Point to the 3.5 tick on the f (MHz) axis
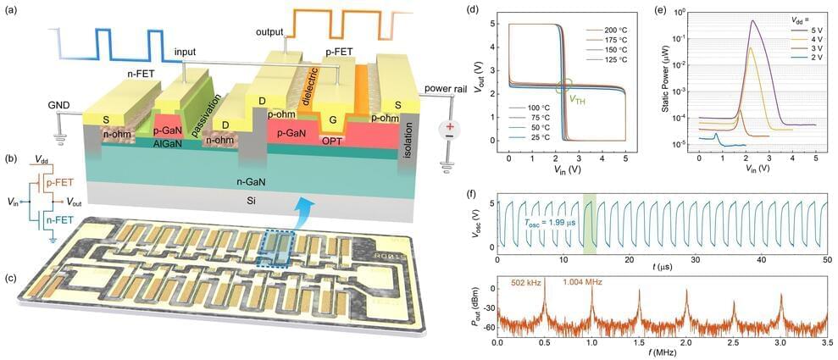click(824, 344)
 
